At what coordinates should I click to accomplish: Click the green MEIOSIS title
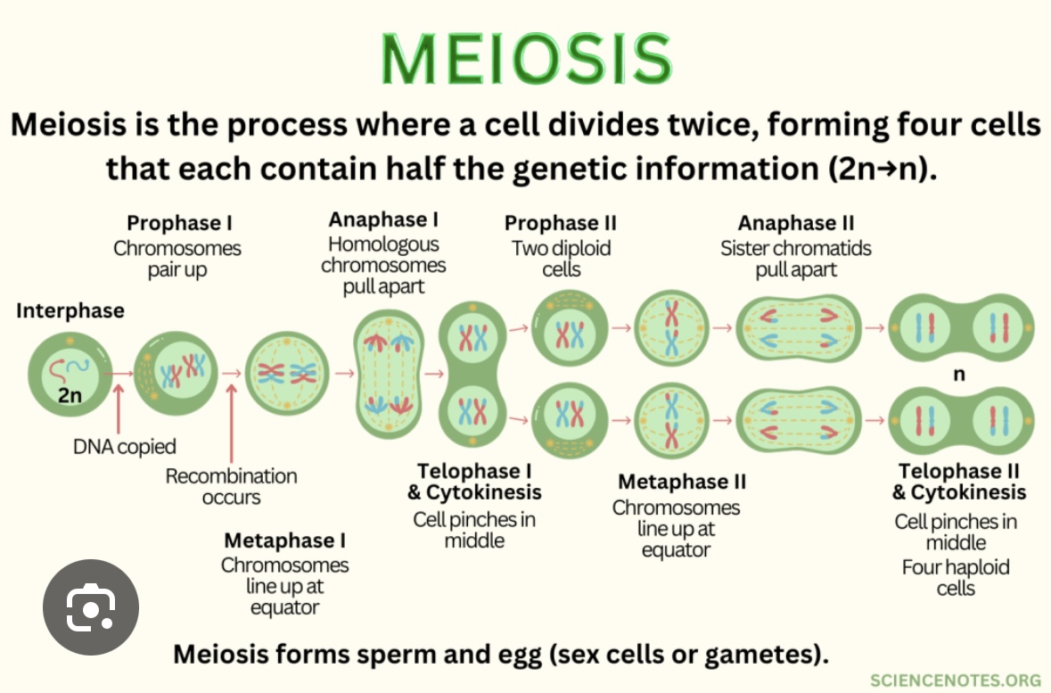(x=525, y=60)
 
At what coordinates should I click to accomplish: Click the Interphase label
(x=70, y=311)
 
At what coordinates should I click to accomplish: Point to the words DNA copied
(x=124, y=447)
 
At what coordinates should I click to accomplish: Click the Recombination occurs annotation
(x=231, y=487)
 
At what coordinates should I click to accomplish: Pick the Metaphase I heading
(x=284, y=540)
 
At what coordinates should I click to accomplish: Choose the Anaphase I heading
(x=383, y=219)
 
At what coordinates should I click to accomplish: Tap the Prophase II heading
(x=560, y=223)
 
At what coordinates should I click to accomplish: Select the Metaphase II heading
(x=682, y=483)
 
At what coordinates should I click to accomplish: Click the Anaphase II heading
(x=795, y=223)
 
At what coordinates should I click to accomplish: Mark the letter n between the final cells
(x=959, y=375)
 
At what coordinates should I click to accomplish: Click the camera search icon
(x=91, y=607)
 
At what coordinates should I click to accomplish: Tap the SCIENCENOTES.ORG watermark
(x=955, y=680)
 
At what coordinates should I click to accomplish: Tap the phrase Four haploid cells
(x=956, y=577)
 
